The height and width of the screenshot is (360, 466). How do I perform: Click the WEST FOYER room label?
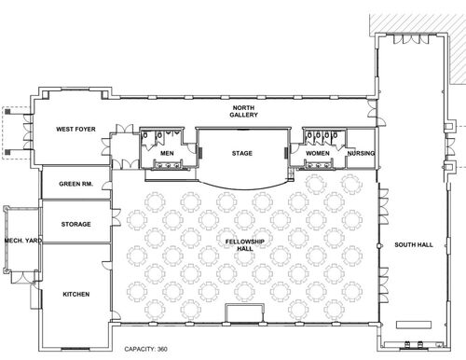[75, 129]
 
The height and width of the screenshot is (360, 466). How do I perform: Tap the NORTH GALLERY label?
[243, 111]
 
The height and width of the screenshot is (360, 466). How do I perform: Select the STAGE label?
[242, 153]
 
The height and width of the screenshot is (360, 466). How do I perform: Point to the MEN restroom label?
[167, 153]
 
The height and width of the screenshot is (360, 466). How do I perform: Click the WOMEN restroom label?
[318, 153]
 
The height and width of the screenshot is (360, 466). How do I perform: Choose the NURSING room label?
[361, 153]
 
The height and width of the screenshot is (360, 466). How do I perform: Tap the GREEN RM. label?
[75, 184]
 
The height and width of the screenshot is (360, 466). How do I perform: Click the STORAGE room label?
[75, 224]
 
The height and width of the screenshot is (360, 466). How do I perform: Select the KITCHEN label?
[76, 294]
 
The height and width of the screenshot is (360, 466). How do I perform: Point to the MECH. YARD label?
[23, 241]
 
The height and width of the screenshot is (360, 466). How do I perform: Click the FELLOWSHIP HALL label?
[245, 245]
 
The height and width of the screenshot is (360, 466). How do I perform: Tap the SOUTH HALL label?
[414, 244]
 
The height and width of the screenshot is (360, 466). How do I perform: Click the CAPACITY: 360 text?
[145, 349]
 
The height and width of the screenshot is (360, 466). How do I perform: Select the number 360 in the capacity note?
[162, 349]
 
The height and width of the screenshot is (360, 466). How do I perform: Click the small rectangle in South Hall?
[414, 325]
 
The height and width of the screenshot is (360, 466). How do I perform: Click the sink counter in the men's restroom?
[168, 165]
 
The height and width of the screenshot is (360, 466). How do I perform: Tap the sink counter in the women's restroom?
[318, 165]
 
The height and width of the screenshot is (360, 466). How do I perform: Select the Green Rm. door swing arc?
[106, 186]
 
